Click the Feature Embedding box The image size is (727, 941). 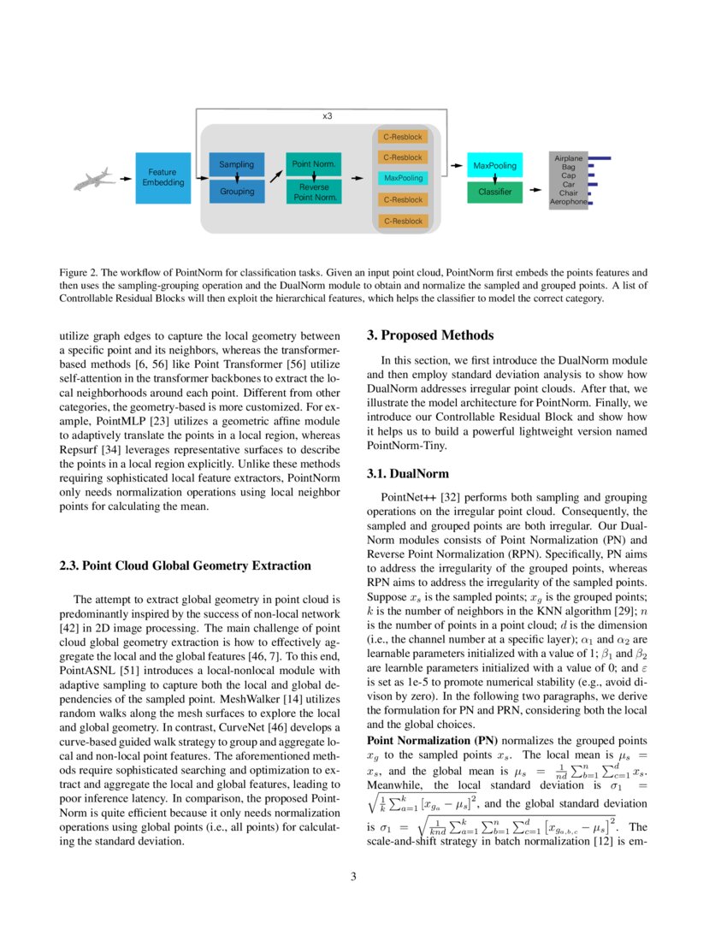163,178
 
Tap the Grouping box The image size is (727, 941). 237,192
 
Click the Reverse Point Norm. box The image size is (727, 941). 313,192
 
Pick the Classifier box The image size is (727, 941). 494,192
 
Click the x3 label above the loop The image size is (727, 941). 327,115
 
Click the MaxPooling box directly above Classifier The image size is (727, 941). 494,165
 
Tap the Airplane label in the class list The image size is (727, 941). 568,159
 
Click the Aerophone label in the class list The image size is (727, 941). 568,202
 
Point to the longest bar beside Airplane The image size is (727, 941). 599,158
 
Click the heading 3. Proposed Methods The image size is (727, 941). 430,335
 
